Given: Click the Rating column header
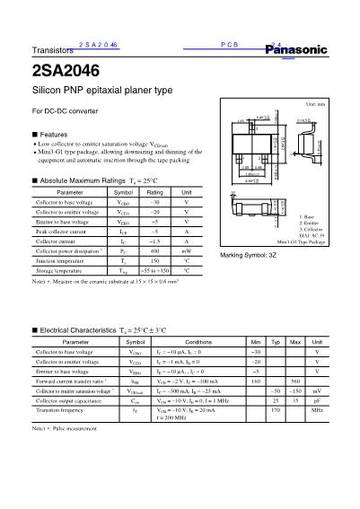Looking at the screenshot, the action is [x=154, y=192].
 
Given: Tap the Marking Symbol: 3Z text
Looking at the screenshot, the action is [x=247, y=256].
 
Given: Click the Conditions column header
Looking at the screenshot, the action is [x=198, y=342].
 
